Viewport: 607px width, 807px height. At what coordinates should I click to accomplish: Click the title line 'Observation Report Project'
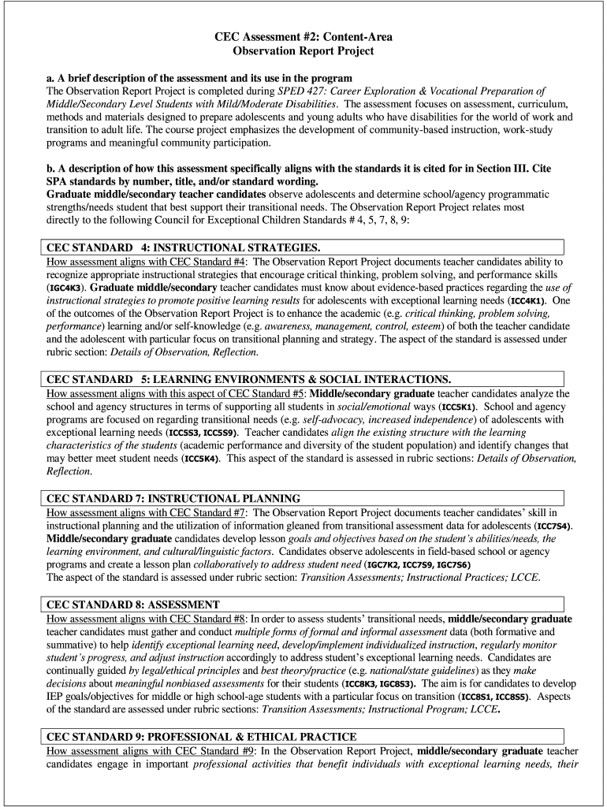tap(303, 50)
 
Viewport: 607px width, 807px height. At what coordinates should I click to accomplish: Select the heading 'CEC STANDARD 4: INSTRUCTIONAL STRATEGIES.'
tap(184, 247)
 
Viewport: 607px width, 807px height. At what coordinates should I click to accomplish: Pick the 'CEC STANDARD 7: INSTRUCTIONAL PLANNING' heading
tap(173, 498)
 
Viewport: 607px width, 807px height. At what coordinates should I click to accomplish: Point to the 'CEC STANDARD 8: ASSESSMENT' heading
tap(133, 604)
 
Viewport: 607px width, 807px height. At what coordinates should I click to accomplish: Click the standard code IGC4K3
tap(66, 288)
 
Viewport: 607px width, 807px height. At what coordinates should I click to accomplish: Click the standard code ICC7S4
tap(555, 526)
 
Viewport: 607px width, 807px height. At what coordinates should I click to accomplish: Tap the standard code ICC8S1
tap(482, 697)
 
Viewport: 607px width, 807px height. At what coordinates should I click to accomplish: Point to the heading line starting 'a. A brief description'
tap(199, 78)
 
